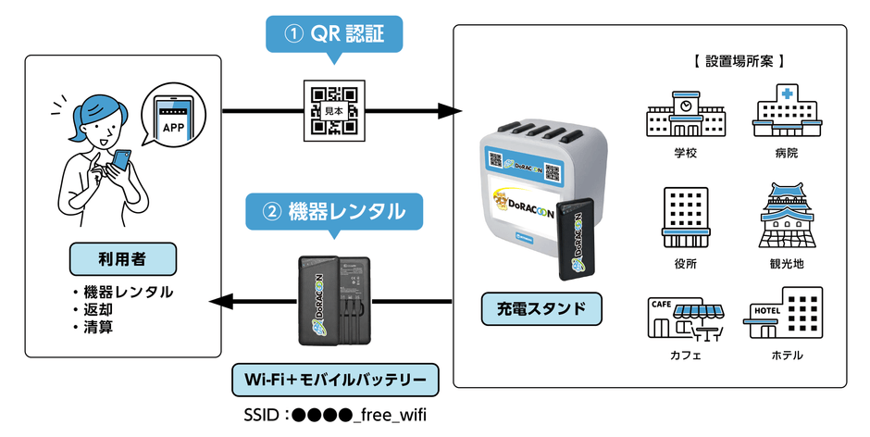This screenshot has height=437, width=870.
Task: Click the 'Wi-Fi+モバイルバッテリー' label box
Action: [x=334, y=380]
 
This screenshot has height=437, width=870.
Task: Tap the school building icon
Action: [x=685, y=112]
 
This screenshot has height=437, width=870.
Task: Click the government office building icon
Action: [x=685, y=217]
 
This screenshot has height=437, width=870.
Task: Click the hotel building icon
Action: [x=786, y=315]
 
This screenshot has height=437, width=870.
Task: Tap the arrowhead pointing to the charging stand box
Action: [x=451, y=112]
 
